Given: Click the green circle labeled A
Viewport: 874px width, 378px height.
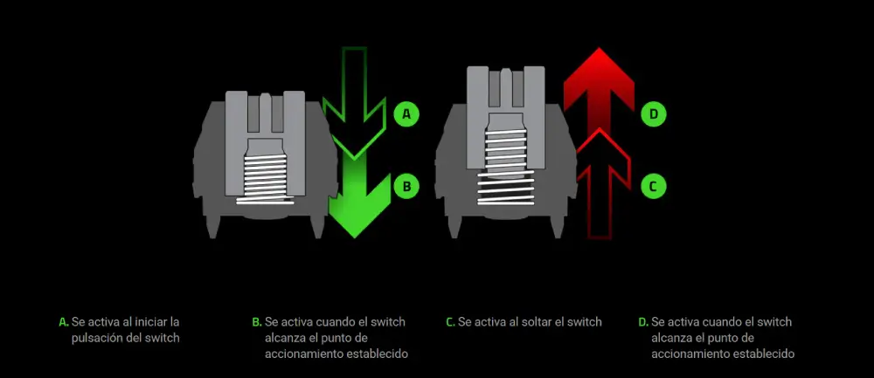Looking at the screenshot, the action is click(x=406, y=114).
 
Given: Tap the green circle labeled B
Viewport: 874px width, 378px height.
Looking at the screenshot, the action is click(x=406, y=187).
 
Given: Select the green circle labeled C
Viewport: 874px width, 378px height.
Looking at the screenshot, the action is click(x=653, y=187).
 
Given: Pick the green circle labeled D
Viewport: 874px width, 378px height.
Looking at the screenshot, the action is click(x=653, y=114).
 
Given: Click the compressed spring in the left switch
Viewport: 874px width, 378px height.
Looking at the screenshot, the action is click(x=266, y=178).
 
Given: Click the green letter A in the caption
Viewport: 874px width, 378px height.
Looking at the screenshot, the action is click(x=63, y=322).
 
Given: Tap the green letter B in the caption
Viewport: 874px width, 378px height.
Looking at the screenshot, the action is click(x=256, y=322).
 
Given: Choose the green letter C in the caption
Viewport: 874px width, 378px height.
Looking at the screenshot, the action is click(x=450, y=322).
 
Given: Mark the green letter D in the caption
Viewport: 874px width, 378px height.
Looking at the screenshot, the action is click(x=643, y=322).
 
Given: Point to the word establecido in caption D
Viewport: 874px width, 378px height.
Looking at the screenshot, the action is click(x=771, y=354).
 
